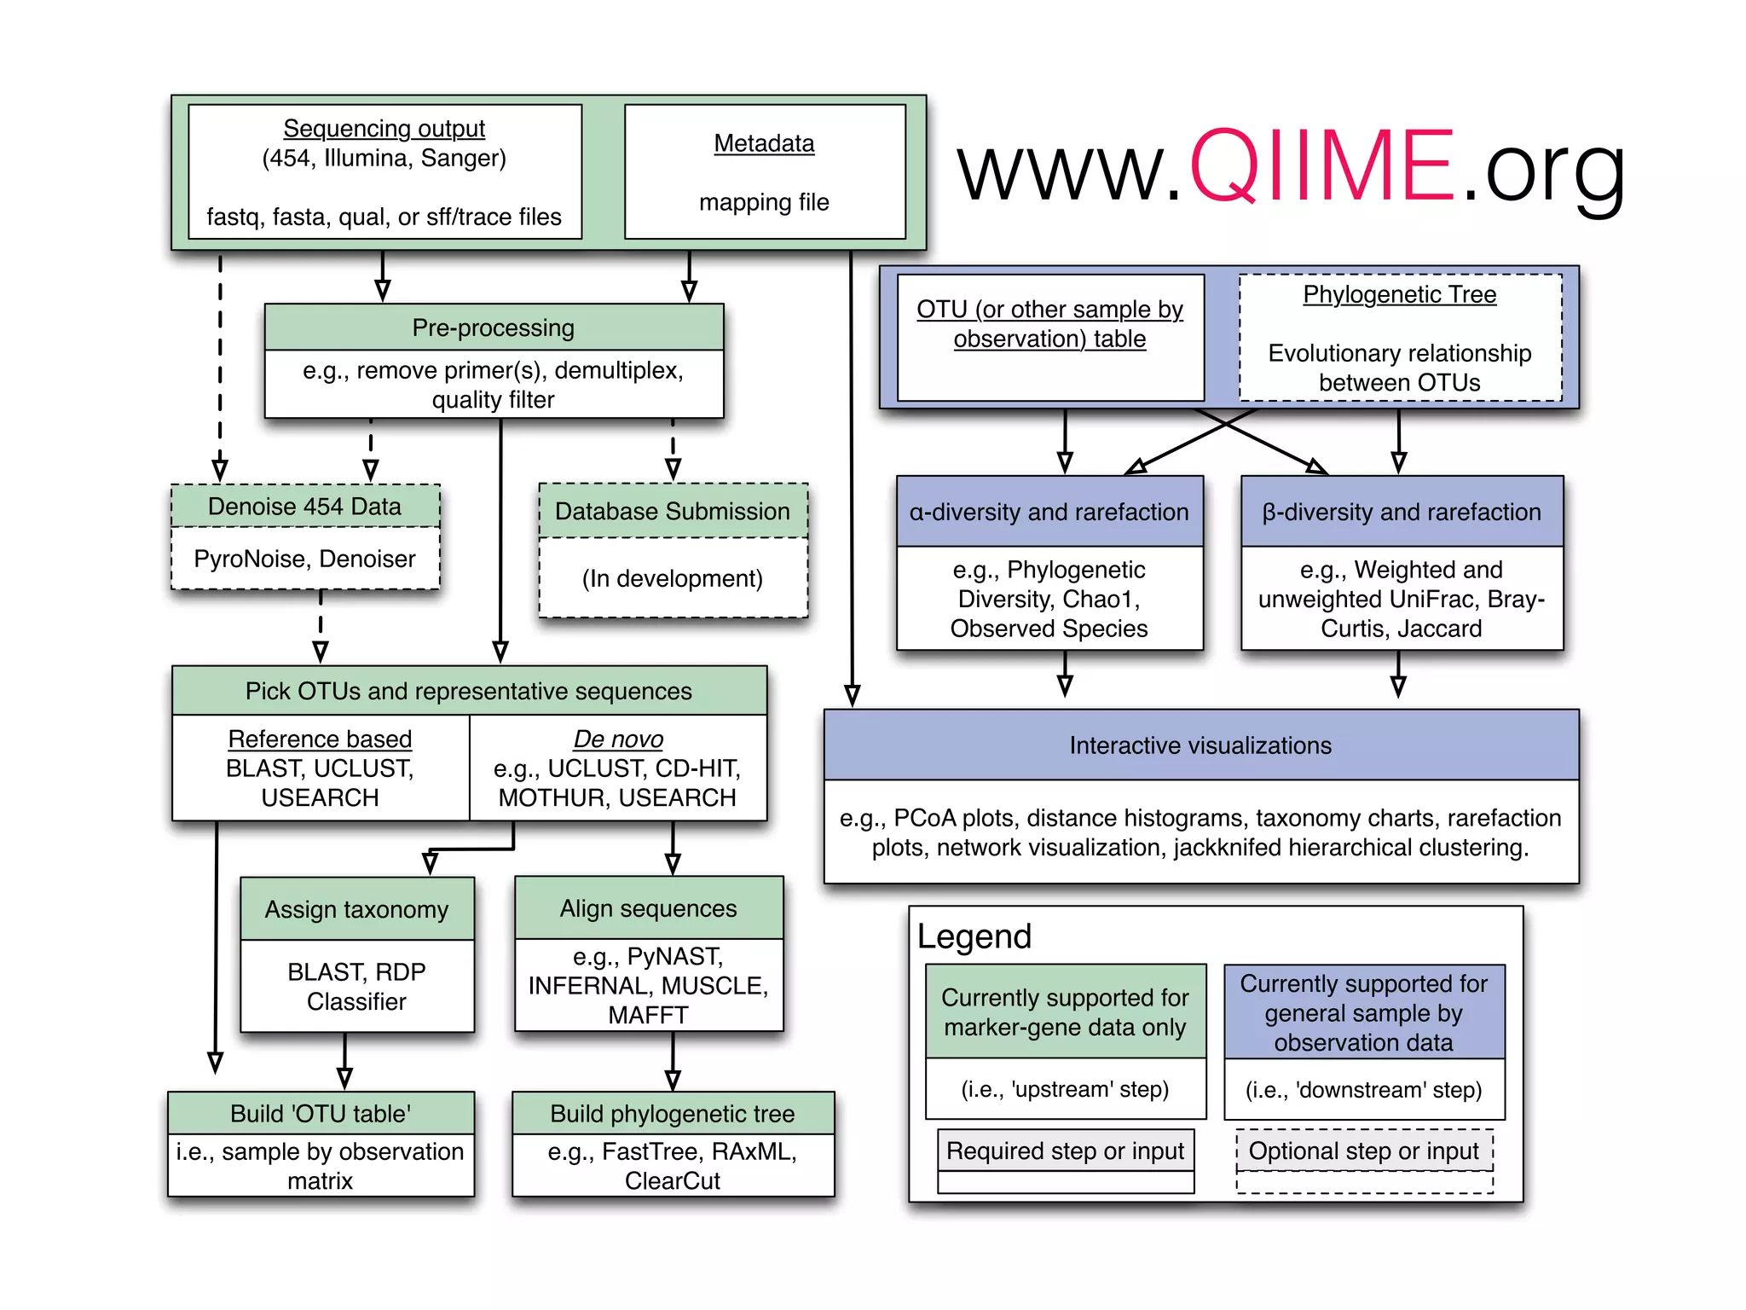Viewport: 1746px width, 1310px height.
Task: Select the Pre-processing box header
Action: click(x=493, y=327)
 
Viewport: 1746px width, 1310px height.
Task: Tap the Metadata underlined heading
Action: click(x=764, y=143)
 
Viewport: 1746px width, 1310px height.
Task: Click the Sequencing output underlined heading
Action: click(x=384, y=128)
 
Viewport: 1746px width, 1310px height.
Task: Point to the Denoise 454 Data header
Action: click(x=304, y=507)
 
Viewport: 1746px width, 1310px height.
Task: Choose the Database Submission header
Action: click(x=672, y=511)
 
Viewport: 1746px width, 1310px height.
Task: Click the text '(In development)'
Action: click(x=672, y=578)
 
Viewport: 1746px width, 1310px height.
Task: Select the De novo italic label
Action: click(x=618, y=739)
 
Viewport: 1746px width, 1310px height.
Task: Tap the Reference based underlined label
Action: click(x=320, y=739)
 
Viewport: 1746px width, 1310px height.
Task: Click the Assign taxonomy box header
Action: click(x=356, y=909)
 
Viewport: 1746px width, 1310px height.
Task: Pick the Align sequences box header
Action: click(x=648, y=908)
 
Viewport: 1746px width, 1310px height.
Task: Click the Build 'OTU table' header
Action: click(x=321, y=1113)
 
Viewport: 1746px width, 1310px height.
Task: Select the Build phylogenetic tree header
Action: click(x=672, y=1113)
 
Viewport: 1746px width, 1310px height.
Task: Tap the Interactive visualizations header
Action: click(x=1200, y=745)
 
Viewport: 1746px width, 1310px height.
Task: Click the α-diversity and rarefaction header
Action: click(x=1049, y=512)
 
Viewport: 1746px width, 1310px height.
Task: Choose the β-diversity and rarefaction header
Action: click(x=1402, y=512)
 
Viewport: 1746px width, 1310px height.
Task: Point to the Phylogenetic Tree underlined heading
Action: click(x=1399, y=294)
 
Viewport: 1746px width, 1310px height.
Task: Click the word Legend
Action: click(x=974, y=936)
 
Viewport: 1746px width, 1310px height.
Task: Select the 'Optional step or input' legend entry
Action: click(x=1363, y=1151)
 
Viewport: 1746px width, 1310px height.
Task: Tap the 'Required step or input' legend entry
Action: click(x=1065, y=1151)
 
